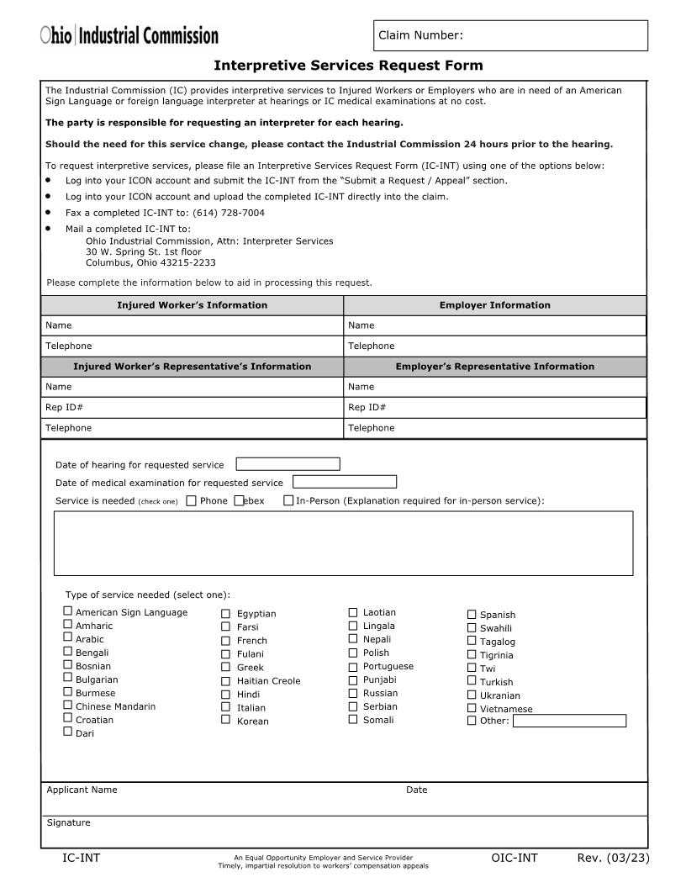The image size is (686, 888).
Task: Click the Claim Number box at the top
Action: pyautogui.click(x=510, y=35)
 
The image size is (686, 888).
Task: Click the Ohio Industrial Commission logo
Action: pyautogui.click(x=129, y=35)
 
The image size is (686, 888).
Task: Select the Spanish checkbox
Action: pyautogui.click(x=472, y=615)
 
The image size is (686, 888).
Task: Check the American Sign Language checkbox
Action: pyautogui.click(x=67, y=612)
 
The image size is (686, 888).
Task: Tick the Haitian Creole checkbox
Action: pyautogui.click(x=225, y=681)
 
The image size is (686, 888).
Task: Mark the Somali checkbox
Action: pyautogui.click(x=353, y=720)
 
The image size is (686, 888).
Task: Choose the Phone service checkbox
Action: pyautogui.click(x=191, y=501)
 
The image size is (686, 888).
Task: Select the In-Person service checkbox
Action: pyautogui.click(x=288, y=501)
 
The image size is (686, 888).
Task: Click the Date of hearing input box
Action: pyautogui.click(x=288, y=464)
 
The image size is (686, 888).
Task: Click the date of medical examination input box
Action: pyautogui.click(x=344, y=483)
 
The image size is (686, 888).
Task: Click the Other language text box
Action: pyautogui.click(x=569, y=721)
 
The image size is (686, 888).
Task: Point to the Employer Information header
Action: pyautogui.click(x=494, y=305)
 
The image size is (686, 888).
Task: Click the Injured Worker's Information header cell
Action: pyautogui.click(x=192, y=305)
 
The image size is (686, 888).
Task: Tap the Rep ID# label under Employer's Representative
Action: pyautogui.click(x=367, y=408)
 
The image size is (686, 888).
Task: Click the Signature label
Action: pyautogui.click(x=68, y=822)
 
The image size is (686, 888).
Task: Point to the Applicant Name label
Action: pyautogui.click(x=82, y=790)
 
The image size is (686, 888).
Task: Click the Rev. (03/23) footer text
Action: pyautogui.click(x=613, y=858)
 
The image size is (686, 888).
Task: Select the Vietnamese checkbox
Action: pyautogui.click(x=472, y=708)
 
